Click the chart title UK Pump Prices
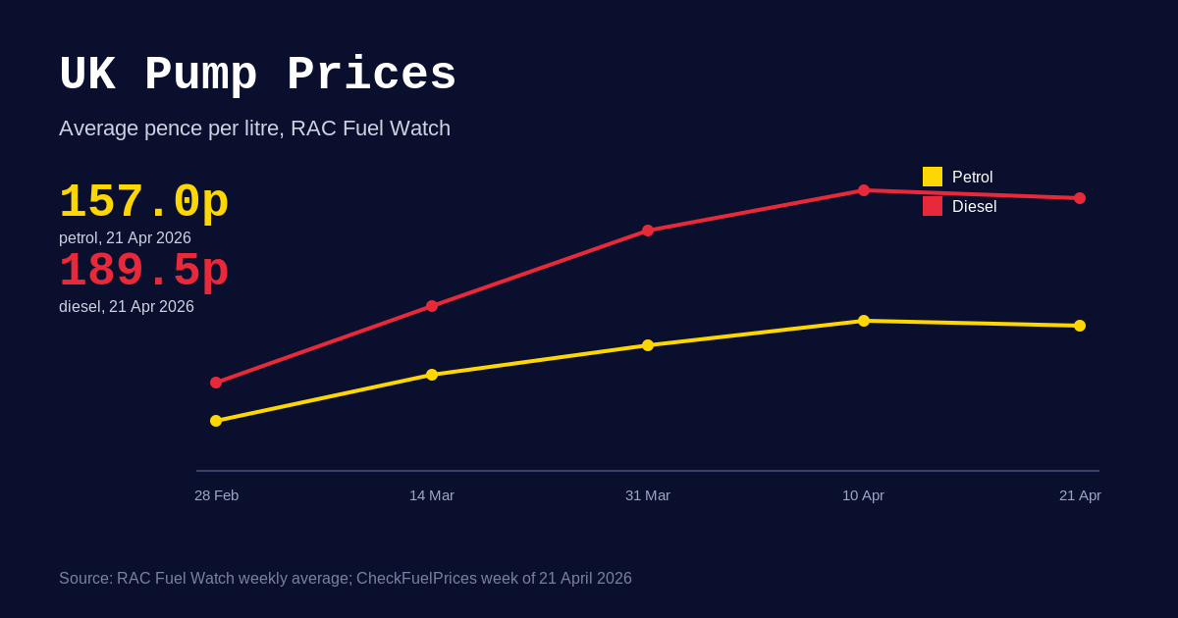(257, 76)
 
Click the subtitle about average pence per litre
(254, 129)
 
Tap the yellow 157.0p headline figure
(143, 203)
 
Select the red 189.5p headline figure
(143, 272)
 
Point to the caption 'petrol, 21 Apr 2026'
(125, 238)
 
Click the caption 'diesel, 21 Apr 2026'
(127, 307)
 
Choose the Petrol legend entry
(958, 178)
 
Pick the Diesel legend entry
(960, 207)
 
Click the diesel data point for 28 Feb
(216, 383)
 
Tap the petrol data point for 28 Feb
(216, 421)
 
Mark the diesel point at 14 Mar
(432, 306)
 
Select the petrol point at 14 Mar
(432, 375)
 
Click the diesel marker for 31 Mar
(648, 231)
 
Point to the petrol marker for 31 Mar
(648, 345)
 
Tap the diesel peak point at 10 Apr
(864, 190)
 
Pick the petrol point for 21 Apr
(1080, 326)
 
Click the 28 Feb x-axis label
(216, 495)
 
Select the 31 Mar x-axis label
(648, 495)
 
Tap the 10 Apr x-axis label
(863, 495)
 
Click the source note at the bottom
(346, 579)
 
